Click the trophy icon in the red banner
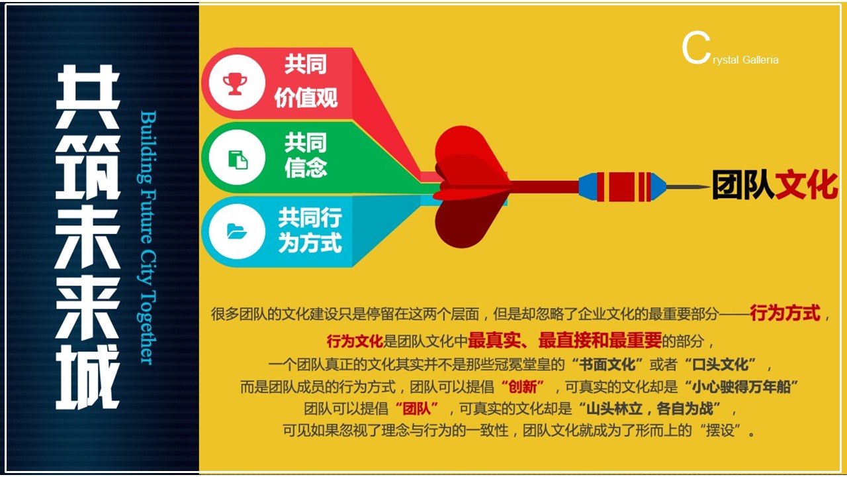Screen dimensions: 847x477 [x=235, y=83]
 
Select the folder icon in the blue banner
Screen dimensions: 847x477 [x=237, y=231]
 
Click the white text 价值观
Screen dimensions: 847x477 [x=306, y=97]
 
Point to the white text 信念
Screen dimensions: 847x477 [x=306, y=168]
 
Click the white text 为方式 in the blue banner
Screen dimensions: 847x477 [x=310, y=242]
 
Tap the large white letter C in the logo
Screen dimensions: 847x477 [x=696, y=48]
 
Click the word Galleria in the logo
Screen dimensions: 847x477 [x=760, y=60]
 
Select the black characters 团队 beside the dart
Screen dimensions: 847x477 [x=743, y=185]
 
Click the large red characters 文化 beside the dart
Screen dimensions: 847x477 [x=806, y=185]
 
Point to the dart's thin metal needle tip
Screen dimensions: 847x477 [x=709, y=186]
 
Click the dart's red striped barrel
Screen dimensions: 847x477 [x=624, y=187]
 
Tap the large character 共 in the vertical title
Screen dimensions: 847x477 [x=88, y=96]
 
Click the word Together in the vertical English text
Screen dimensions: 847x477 [x=148, y=327]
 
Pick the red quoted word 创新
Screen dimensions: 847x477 [x=523, y=387]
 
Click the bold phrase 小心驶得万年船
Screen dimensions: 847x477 [x=742, y=387]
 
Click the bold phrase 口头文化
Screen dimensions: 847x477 [x=721, y=364]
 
